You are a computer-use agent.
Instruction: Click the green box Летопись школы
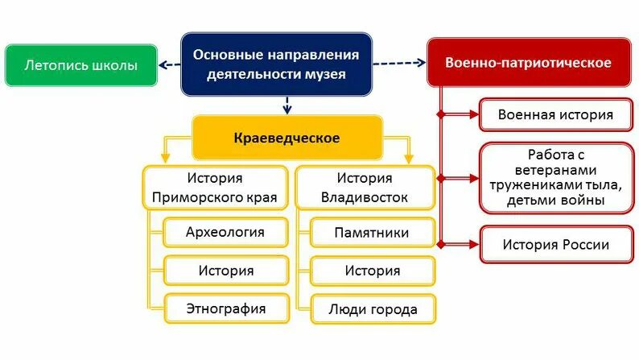click(80, 65)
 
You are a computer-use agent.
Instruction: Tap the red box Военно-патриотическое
click(529, 62)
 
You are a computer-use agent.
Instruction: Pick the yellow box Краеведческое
click(287, 138)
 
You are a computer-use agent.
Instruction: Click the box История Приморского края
click(215, 188)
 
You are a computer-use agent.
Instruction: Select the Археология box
click(225, 233)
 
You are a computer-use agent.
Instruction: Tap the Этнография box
click(225, 308)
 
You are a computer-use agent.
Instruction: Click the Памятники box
click(372, 233)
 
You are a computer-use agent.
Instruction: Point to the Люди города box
click(372, 308)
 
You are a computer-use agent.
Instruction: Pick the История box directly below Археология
click(225, 271)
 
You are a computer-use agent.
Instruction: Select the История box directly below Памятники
click(372, 271)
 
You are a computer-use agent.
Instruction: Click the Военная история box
click(555, 114)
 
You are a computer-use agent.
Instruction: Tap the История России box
click(555, 244)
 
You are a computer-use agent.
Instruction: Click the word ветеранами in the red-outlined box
click(555, 170)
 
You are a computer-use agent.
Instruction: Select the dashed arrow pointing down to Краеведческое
click(287, 105)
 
